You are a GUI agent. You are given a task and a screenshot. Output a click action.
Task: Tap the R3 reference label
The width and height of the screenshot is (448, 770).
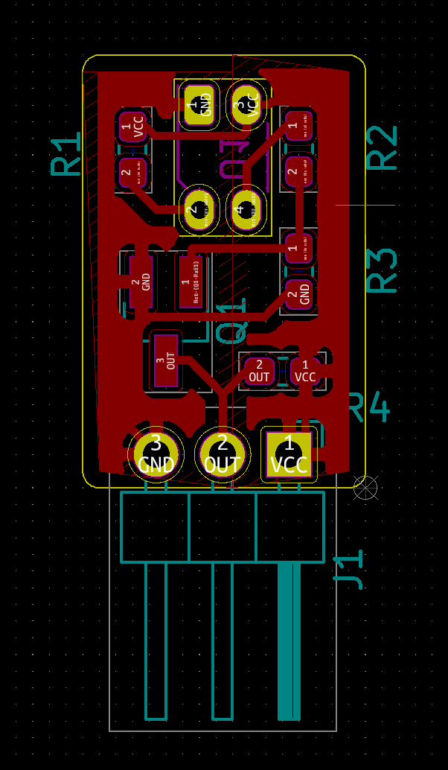(384, 270)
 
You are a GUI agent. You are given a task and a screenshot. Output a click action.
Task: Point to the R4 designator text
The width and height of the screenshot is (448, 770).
(369, 407)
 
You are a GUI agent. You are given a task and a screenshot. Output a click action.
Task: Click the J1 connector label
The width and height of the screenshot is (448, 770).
(348, 570)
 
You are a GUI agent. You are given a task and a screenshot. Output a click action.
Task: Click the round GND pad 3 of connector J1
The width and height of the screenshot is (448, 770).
(156, 453)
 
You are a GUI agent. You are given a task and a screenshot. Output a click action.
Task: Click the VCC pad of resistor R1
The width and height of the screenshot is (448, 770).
(133, 127)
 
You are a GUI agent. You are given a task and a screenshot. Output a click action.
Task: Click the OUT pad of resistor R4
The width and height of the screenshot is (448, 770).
(259, 370)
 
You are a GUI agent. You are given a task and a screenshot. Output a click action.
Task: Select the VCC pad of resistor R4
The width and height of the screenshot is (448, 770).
(305, 370)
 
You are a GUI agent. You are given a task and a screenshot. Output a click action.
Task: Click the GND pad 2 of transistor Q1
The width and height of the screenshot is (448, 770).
(141, 281)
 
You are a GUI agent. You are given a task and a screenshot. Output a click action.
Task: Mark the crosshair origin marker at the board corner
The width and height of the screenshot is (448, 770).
(365, 487)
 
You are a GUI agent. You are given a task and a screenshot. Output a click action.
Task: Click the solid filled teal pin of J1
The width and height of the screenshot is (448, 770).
(289, 640)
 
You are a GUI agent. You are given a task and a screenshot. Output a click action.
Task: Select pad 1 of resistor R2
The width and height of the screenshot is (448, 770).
(298, 126)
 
